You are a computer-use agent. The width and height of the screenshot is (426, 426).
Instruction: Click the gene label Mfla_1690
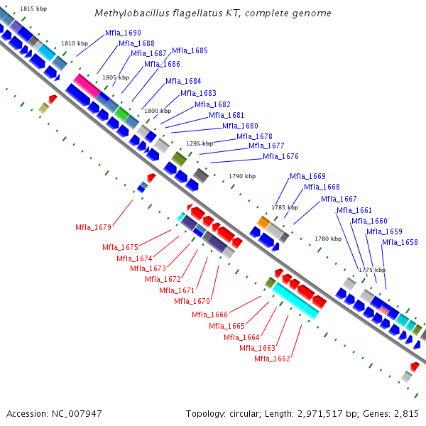123,33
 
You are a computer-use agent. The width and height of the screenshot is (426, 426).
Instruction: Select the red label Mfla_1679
93,227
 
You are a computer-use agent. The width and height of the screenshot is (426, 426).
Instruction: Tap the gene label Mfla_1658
400,242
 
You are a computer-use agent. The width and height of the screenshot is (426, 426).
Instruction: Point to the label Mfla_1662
272,359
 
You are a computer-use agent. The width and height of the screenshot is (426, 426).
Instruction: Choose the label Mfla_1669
307,176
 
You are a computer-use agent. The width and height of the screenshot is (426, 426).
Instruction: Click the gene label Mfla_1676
280,156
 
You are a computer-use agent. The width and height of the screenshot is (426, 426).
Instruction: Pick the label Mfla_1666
209,315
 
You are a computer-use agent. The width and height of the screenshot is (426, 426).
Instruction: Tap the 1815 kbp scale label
34,9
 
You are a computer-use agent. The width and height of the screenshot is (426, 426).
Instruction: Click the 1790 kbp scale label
242,175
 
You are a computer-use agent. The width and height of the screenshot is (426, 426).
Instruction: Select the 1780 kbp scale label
327,239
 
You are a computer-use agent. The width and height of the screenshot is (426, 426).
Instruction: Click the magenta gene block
87,85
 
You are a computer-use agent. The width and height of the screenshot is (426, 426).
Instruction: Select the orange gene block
263,223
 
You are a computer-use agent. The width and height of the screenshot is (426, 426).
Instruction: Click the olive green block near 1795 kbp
179,158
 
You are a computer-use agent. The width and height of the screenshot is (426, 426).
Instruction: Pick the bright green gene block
121,112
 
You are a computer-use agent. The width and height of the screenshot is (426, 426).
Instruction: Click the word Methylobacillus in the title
127,13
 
